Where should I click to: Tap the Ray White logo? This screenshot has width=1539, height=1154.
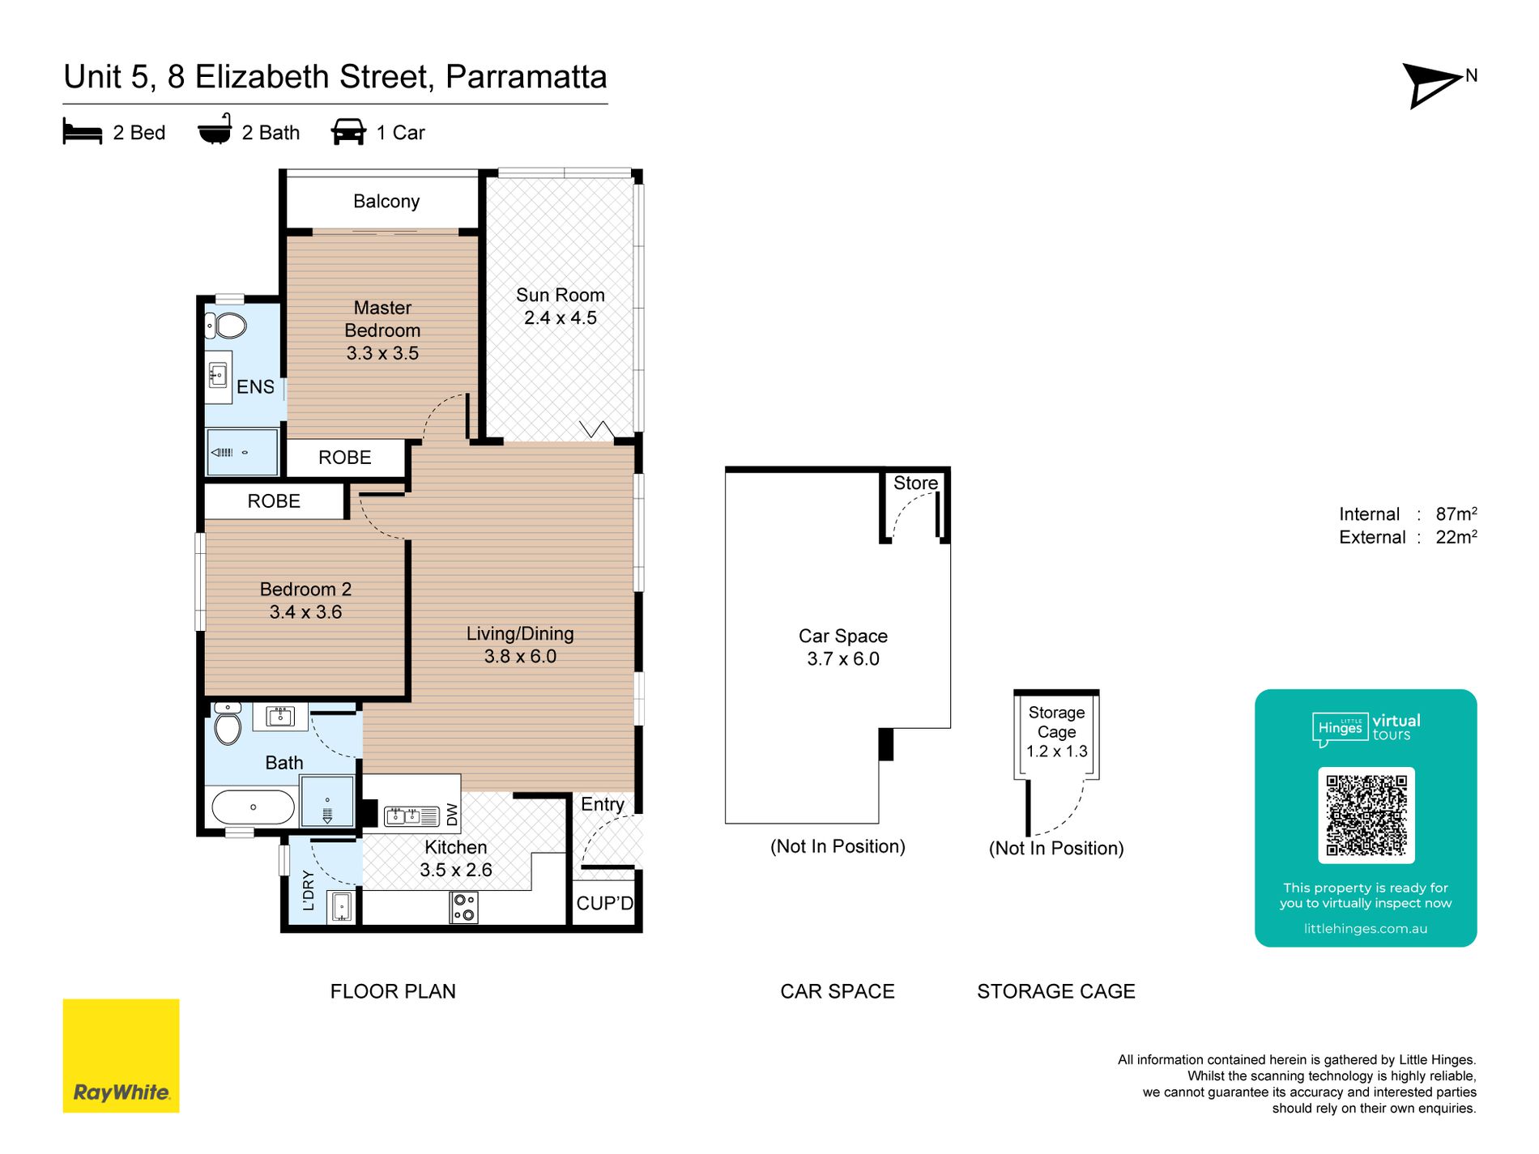click(x=122, y=1055)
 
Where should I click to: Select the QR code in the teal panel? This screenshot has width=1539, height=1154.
click(x=1366, y=815)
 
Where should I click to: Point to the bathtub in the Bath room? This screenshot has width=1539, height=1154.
click(x=253, y=807)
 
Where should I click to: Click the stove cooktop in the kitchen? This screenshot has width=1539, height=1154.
click(x=463, y=907)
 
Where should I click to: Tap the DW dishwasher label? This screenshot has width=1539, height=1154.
click(x=452, y=814)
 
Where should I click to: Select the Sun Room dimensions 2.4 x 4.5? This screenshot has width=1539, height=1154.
click(x=561, y=317)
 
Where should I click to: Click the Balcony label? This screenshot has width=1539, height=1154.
click(x=386, y=201)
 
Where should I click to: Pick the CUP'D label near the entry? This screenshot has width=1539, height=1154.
click(x=605, y=903)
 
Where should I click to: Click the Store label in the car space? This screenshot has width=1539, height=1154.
click(x=915, y=483)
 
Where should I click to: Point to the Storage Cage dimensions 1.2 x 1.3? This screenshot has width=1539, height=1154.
click(x=1056, y=751)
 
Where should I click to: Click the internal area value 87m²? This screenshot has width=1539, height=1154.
click(x=1456, y=513)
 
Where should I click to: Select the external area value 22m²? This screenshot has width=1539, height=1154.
click(x=1456, y=537)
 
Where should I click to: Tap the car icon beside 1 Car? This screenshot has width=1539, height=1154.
click(x=348, y=132)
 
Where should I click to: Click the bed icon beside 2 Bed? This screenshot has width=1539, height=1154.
click(x=83, y=132)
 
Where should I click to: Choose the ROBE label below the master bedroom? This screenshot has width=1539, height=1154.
click(x=345, y=458)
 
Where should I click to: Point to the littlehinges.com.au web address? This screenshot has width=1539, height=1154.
click(x=1366, y=929)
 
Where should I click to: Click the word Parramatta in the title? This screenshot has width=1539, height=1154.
click(x=526, y=77)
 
